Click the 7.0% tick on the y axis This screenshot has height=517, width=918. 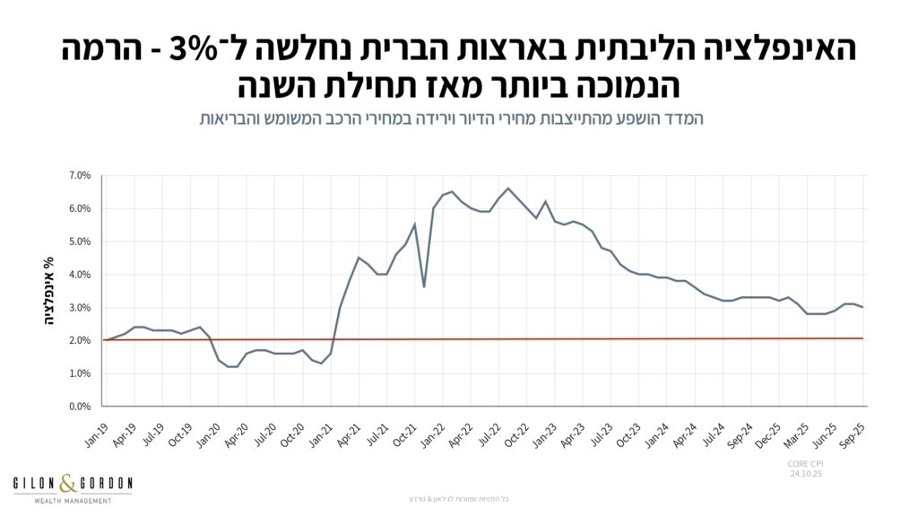point(79,175)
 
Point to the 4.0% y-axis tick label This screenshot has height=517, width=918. point(79,275)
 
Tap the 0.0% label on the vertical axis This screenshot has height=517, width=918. point(79,407)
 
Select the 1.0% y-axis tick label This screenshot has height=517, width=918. point(79,373)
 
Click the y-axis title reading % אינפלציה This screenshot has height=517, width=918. point(50,291)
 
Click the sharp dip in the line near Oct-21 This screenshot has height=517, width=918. point(423,286)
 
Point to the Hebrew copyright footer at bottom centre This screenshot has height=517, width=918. point(459,498)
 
